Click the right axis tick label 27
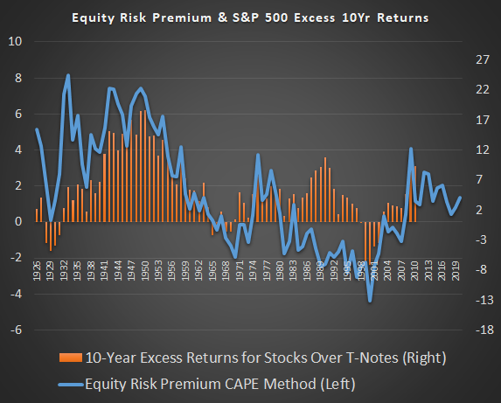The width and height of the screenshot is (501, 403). click(x=479, y=59)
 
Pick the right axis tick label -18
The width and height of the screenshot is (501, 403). click(x=479, y=330)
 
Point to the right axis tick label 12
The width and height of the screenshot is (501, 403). click(x=479, y=149)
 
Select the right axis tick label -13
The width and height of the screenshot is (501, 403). click(x=479, y=300)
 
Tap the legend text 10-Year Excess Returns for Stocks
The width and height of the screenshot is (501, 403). click(x=220, y=358)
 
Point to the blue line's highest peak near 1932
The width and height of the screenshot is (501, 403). click(x=68, y=75)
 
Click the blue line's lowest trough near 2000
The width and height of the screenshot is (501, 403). click(x=371, y=302)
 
